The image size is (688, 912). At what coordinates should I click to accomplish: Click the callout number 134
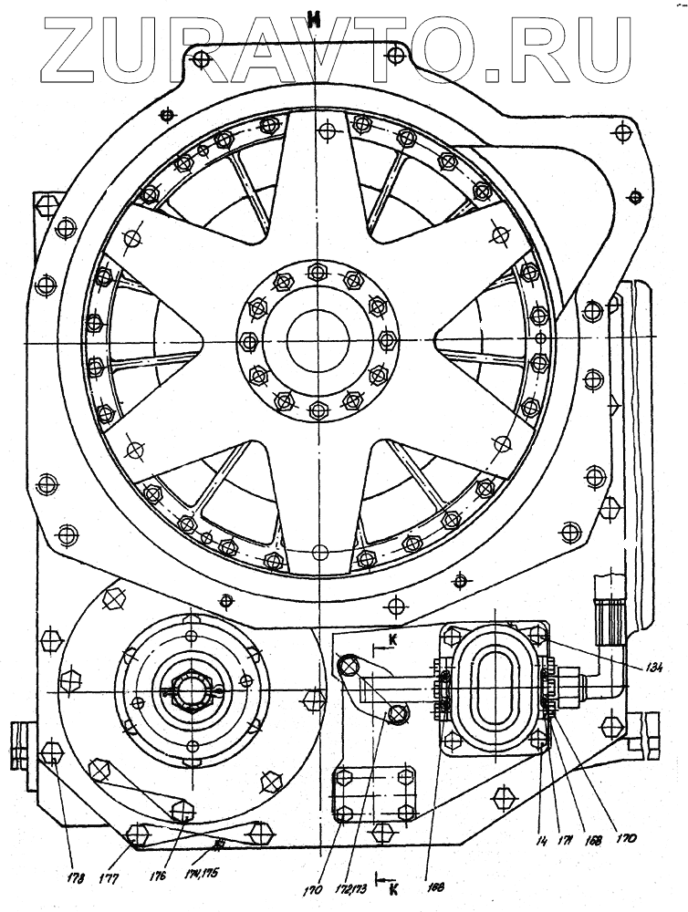pyautogui.click(x=626, y=665)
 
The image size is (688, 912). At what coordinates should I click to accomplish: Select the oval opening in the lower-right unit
pyautogui.click(x=495, y=685)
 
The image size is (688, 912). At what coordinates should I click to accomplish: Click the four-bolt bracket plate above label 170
pyautogui.click(x=374, y=793)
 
